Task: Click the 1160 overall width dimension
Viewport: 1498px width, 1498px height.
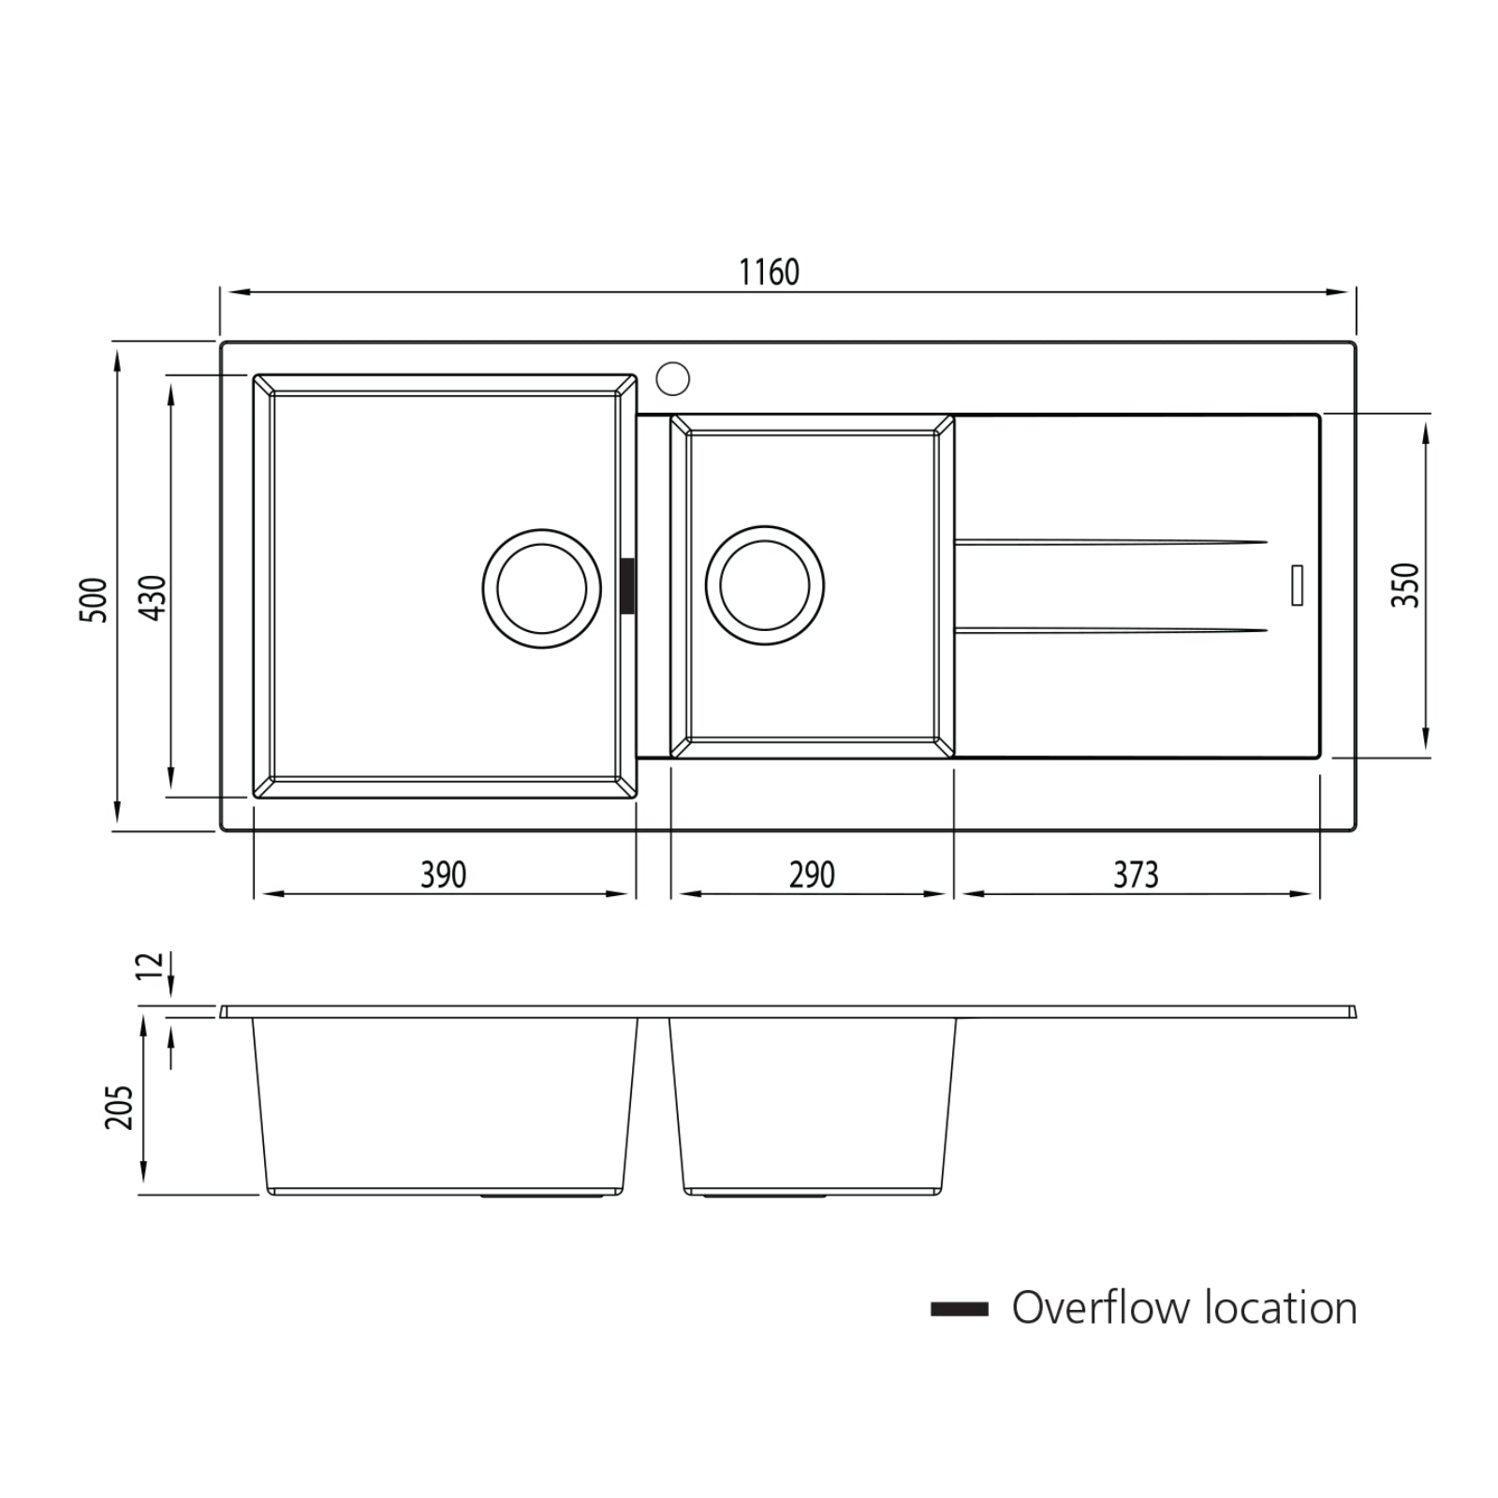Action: [769, 272]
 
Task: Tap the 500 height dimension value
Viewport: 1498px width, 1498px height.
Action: [94, 599]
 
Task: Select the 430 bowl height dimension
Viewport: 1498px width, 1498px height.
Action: [152, 597]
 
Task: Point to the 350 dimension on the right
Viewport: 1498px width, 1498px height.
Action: [1404, 585]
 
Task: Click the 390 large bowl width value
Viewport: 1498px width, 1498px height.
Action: [443, 875]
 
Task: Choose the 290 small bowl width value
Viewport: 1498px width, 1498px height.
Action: [811, 875]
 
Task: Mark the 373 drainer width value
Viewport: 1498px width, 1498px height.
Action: [1136, 875]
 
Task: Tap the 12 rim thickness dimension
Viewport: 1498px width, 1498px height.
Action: [150, 965]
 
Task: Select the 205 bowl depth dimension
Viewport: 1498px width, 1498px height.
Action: [119, 1108]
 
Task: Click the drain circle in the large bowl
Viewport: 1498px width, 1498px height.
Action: [541, 588]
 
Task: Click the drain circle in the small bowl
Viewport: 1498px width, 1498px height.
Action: [765, 585]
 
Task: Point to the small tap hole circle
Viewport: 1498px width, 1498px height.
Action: [672, 378]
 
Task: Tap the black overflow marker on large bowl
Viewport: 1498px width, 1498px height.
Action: [627, 586]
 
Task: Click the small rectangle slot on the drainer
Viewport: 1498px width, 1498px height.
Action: [1297, 585]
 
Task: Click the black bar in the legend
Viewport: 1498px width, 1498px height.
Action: [959, 1309]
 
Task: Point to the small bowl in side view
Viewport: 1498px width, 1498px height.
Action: [813, 1105]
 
